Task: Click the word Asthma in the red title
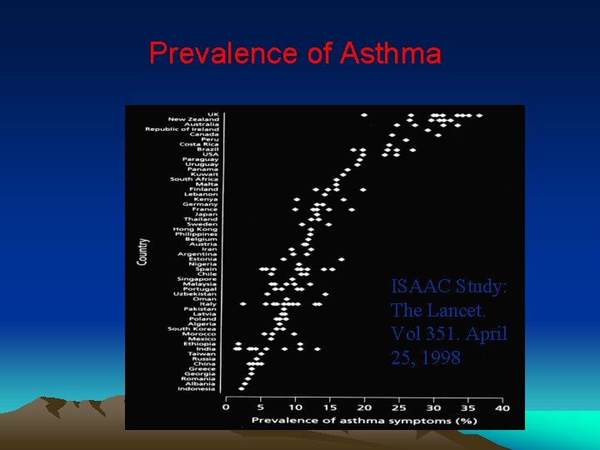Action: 390,53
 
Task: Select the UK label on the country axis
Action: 213,114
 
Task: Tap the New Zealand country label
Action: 193,119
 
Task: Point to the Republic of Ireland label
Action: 182,129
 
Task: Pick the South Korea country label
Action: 193,328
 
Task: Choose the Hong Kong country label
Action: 196,229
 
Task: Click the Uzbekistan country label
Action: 196,293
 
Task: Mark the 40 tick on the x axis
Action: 502,407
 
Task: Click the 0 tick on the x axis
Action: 226,407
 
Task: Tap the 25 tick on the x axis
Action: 398,407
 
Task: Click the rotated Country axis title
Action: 143,252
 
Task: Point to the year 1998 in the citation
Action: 442,358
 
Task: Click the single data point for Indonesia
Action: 242,388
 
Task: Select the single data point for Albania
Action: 243,383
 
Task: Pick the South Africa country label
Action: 194,179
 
